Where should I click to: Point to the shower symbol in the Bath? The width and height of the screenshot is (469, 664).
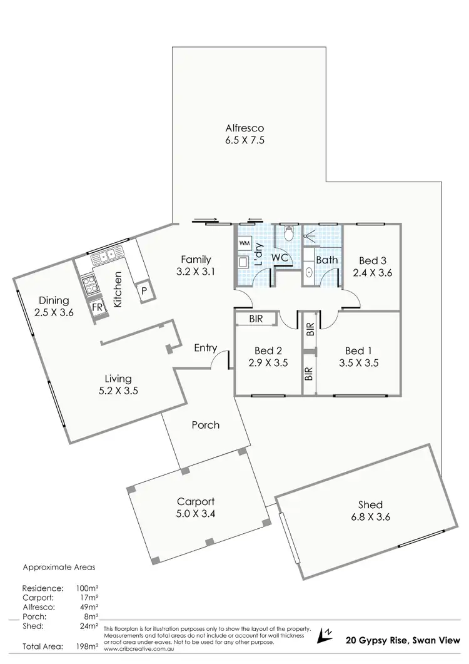coord(310,237)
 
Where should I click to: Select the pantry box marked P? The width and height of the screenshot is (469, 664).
coord(144,291)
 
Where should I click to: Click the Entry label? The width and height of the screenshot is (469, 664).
coord(206,347)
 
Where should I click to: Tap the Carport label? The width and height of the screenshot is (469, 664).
coord(196,501)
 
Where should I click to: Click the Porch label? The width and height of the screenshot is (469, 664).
coord(205,425)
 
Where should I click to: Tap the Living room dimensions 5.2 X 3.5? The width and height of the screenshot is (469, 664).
coord(118,390)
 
